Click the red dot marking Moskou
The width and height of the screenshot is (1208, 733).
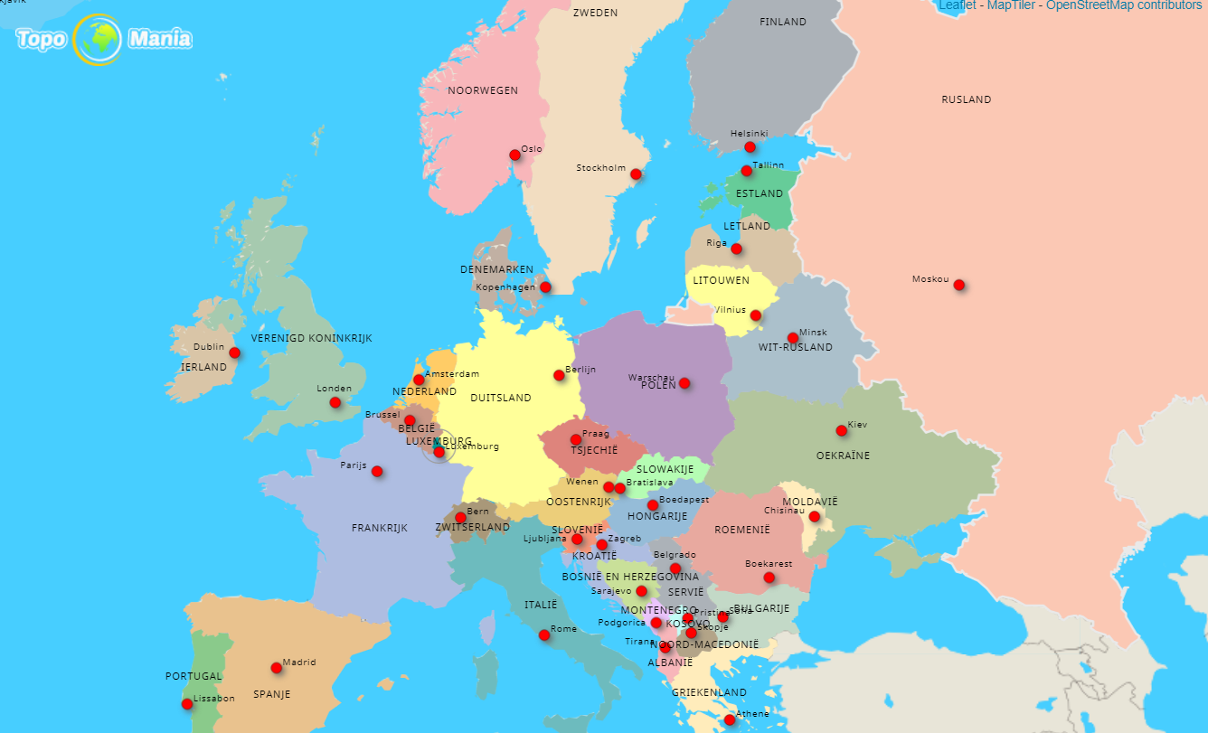958,285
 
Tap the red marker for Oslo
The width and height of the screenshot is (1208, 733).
514,155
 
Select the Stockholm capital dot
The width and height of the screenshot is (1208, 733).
635,174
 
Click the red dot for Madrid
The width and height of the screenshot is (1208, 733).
276,668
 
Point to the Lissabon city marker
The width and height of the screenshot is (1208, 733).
187,704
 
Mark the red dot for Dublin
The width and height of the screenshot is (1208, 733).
234,352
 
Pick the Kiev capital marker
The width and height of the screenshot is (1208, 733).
841,430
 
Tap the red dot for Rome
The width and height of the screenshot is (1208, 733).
543,634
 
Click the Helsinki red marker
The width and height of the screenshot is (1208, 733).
750,147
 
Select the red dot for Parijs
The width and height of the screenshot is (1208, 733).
377,471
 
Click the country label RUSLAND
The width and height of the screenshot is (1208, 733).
966,99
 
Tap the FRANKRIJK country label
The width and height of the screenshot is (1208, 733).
380,528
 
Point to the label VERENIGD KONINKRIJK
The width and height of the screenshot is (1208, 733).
311,338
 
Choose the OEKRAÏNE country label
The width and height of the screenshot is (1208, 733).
843,456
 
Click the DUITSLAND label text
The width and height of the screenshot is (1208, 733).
501,398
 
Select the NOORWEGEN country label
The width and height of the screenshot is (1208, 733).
483,90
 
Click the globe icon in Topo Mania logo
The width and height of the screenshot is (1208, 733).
97,40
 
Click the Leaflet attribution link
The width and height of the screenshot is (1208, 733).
958,5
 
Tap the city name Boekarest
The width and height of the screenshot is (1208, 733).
768,564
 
